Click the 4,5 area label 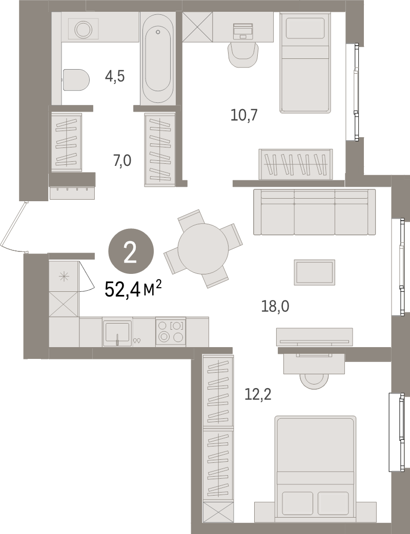point(115,77)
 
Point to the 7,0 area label point(122,161)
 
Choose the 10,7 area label point(244,115)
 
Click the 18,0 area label point(275,306)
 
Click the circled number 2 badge point(131,252)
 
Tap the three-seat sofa point(314,211)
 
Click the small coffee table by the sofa point(314,271)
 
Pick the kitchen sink point(118,332)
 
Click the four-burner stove point(171,331)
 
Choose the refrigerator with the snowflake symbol point(64,276)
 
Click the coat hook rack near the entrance point(72,191)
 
